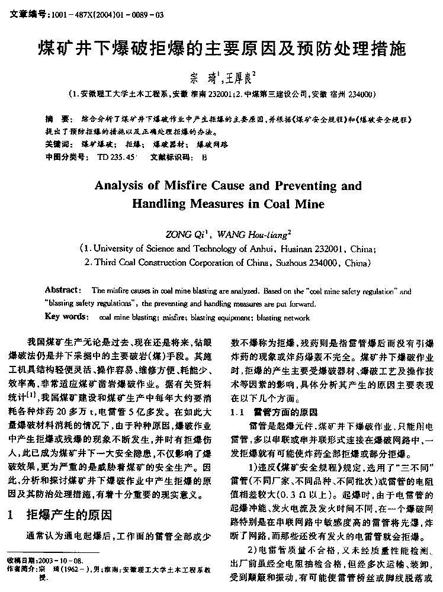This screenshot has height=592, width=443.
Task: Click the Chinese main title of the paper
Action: (x=221, y=48)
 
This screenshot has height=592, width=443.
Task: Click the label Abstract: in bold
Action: (x=63, y=290)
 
